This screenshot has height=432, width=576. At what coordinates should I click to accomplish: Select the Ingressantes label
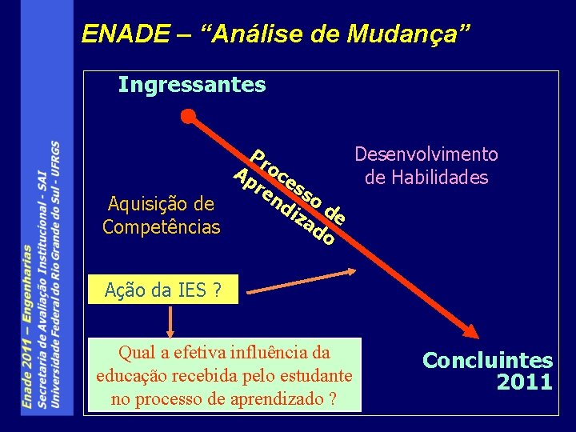[x=192, y=84]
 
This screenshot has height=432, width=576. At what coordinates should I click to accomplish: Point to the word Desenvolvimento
[x=426, y=154]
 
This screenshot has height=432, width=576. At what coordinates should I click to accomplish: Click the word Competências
[x=162, y=226]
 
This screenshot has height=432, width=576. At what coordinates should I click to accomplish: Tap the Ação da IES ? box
[x=163, y=291]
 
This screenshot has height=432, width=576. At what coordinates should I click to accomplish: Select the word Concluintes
[x=487, y=361]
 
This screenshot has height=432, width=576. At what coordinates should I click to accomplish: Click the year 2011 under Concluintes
[x=524, y=382]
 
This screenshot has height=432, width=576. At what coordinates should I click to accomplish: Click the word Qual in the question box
[x=134, y=353]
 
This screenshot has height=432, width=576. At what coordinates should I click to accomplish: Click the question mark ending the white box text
[x=331, y=398]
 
